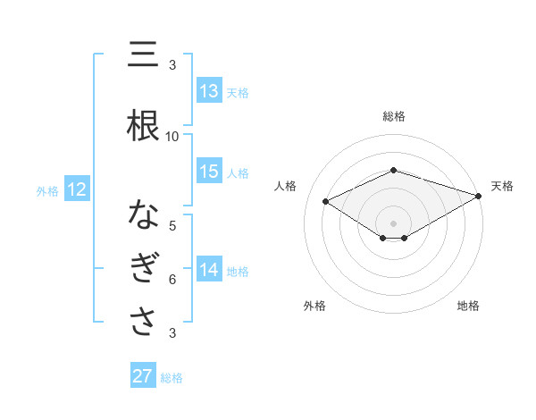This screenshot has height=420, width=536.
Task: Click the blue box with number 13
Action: [x=209, y=91]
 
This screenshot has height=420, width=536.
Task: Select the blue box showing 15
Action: [x=209, y=172]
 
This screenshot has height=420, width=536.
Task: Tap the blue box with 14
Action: [x=209, y=270]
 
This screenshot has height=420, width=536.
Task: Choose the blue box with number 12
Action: [x=76, y=189]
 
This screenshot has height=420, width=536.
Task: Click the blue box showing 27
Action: [x=143, y=376]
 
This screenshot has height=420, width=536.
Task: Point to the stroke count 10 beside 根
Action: [x=172, y=137]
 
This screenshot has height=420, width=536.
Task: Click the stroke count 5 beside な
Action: [x=172, y=226]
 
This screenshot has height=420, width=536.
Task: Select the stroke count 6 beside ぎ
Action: [x=172, y=280]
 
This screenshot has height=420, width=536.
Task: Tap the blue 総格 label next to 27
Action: [x=172, y=378]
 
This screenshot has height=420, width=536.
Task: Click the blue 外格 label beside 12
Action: [x=47, y=190]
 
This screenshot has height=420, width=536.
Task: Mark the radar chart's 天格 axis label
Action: [x=502, y=186]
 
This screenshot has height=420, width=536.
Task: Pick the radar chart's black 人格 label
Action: [x=285, y=186]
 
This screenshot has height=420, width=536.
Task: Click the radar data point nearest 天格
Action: [x=479, y=195]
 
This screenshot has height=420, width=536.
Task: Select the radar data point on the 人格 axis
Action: [x=326, y=200]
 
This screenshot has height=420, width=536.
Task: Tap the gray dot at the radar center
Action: [x=393, y=222]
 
